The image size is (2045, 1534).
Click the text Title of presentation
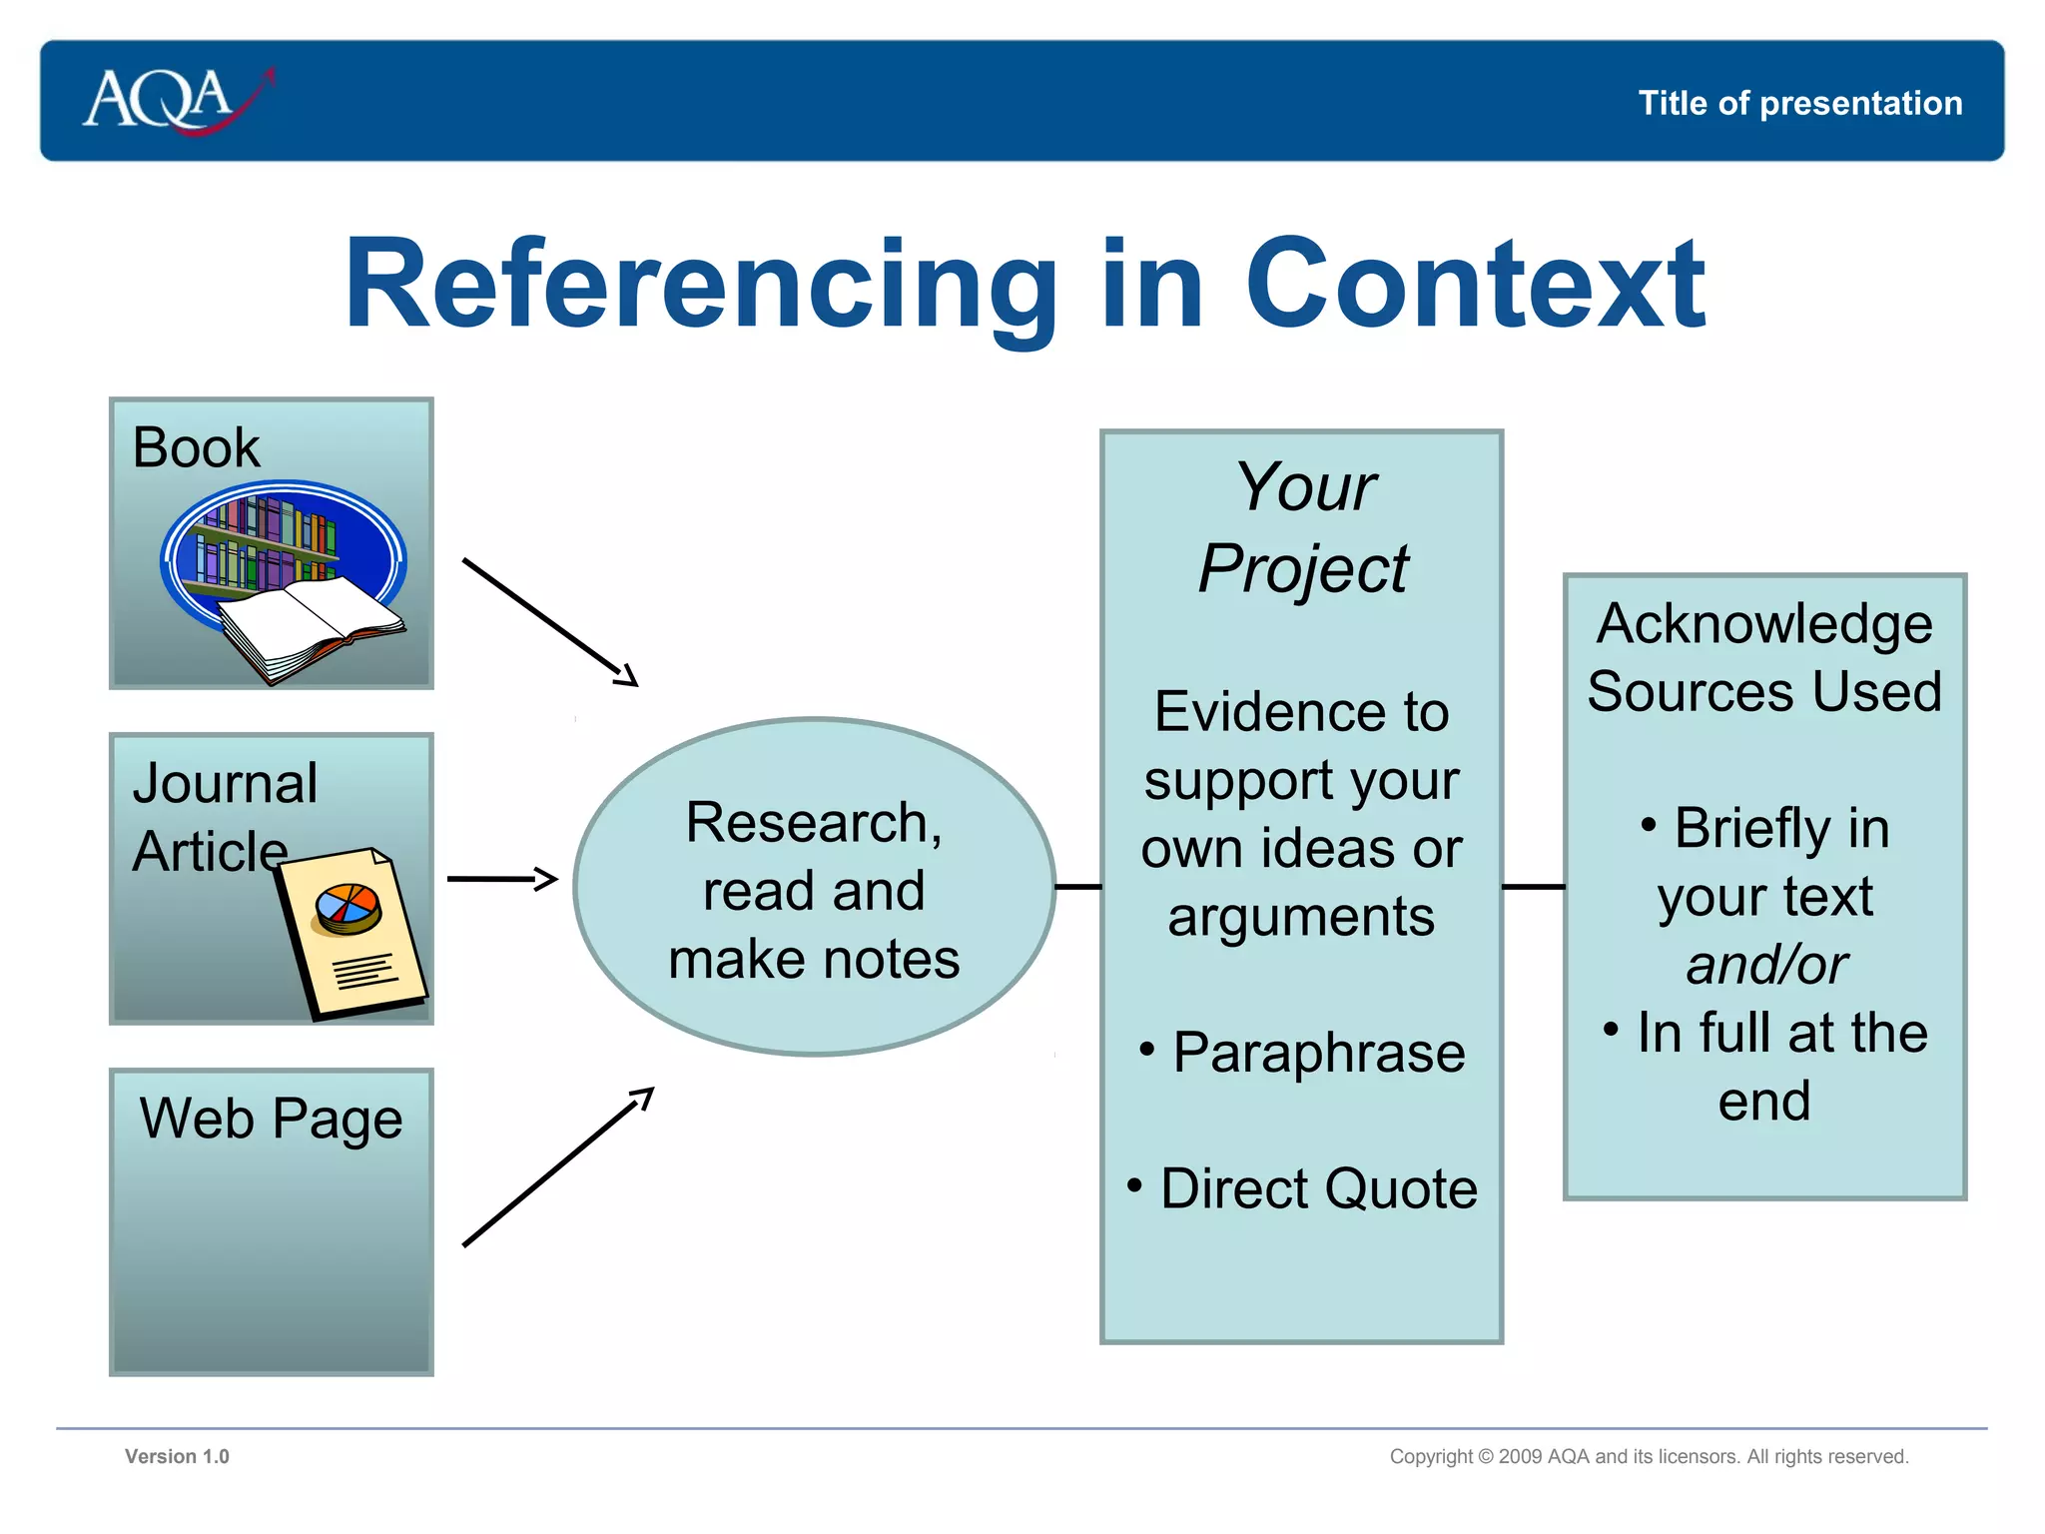1799,103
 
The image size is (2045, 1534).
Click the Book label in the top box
196,447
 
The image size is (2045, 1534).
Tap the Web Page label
271,1118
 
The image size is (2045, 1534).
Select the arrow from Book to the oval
549,622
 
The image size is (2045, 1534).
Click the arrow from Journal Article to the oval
501,879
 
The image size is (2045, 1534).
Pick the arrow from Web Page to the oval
557,1167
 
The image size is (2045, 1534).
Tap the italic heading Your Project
1303,527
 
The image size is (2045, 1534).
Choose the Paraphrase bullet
1317,1053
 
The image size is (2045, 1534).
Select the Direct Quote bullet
1317,1188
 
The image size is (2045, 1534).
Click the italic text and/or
1765,965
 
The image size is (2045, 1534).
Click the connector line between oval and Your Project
1077,886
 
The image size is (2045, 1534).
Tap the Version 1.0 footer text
177,1456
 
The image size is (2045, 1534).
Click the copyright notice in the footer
1649,1456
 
